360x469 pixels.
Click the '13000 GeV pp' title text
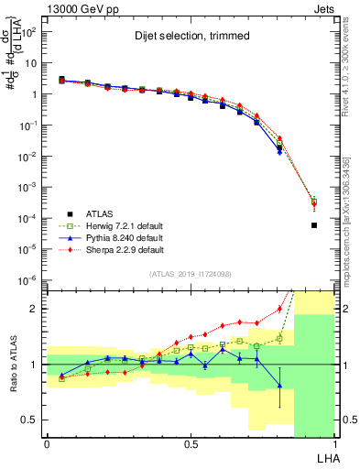(x=76, y=7)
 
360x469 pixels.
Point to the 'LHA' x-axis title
(x=326, y=457)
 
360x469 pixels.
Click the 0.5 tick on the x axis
(x=191, y=443)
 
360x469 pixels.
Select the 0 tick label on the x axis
(x=47, y=443)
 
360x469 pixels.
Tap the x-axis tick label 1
(x=334, y=443)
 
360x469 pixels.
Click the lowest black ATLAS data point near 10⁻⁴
(x=314, y=225)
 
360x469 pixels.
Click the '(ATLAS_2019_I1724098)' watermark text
(x=190, y=274)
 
